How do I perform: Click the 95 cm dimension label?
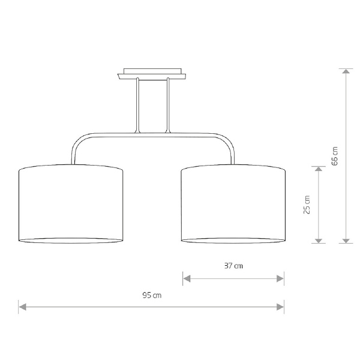(x=152, y=295)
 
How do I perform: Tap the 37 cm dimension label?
(x=233, y=266)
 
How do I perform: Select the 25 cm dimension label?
(x=307, y=205)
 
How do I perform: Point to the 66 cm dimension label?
(x=335, y=156)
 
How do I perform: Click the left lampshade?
(x=71, y=204)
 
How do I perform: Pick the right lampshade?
(x=233, y=204)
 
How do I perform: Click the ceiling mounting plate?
(x=152, y=74)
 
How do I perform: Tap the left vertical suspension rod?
(x=137, y=106)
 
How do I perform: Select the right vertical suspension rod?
(x=168, y=106)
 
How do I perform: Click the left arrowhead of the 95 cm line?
(x=23, y=307)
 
